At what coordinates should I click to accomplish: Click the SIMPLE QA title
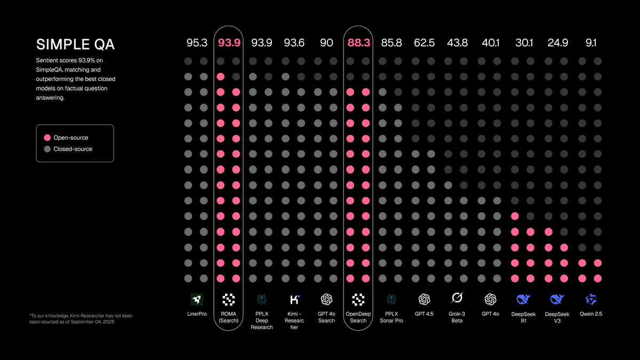pyautogui.click(x=75, y=45)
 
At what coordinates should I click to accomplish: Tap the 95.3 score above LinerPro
pyautogui.click(x=197, y=43)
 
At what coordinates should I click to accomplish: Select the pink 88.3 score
pyautogui.click(x=358, y=43)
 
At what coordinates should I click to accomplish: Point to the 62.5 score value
pyautogui.click(x=424, y=43)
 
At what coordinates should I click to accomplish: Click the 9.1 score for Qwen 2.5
pyautogui.click(x=590, y=43)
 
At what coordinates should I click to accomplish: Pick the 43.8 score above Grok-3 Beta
pyautogui.click(x=457, y=43)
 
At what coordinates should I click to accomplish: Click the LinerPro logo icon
pyautogui.click(x=197, y=299)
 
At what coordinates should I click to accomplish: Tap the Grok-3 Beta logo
pyautogui.click(x=457, y=298)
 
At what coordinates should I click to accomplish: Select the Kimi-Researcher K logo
pyautogui.click(x=294, y=299)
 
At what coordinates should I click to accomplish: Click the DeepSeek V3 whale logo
pyautogui.click(x=557, y=299)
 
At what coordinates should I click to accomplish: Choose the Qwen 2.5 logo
pyautogui.click(x=590, y=299)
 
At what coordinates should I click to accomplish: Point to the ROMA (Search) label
pyautogui.click(x=228, y=317)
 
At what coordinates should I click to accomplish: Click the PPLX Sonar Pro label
pyautogui.click(x=391, y=317)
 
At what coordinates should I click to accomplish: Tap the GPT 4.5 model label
pyautogui.click(x=424, y=314)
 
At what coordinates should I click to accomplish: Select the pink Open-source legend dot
pyautogui.click(x=47, y=138)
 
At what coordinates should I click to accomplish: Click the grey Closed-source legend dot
pyautogui.click(x=47, y=149)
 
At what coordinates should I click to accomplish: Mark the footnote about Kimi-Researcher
pyautogui.click(x=81, y=319)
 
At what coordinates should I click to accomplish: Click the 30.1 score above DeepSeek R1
pyautogui.click(x=524, y=43)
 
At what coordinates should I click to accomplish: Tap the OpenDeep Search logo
pyautogui.click(x=358, y=299)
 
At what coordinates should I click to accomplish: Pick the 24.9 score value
pyautogui.click(x=557, y=43)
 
